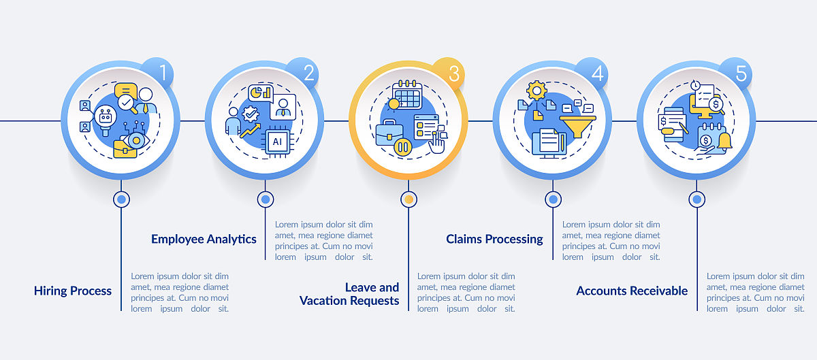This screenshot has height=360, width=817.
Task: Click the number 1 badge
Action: click(157, 73)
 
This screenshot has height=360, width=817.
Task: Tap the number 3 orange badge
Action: click(449, 73)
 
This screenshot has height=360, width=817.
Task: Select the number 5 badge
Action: click(736, 73)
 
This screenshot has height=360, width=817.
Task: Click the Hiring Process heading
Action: click(73, 291)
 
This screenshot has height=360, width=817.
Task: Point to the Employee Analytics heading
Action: click(204, 240)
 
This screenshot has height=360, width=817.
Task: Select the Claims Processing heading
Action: click(494, 240)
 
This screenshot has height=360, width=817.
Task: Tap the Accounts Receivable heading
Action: click(632, 291)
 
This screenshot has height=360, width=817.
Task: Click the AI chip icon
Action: click(278, 142)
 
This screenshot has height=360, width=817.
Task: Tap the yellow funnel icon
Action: click(577, 126)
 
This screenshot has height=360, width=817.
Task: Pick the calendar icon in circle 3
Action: click(408, 95)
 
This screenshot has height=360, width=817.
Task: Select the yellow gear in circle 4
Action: click(536, 91)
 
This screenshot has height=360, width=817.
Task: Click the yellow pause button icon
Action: click(403, 147)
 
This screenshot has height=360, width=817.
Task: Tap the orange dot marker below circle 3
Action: click(409, 199)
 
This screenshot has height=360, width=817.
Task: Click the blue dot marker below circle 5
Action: click(696, 199)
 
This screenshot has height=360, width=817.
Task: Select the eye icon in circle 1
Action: click(135, 140)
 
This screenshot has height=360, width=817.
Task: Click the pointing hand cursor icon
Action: click(436, 144)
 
